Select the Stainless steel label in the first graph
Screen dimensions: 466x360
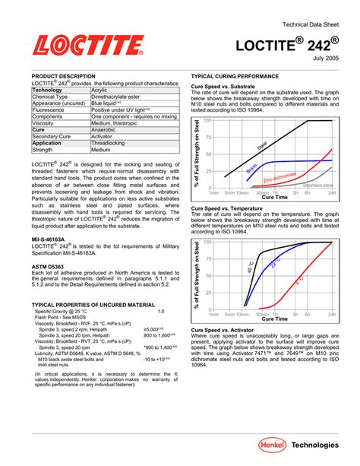[x=317, y=185]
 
